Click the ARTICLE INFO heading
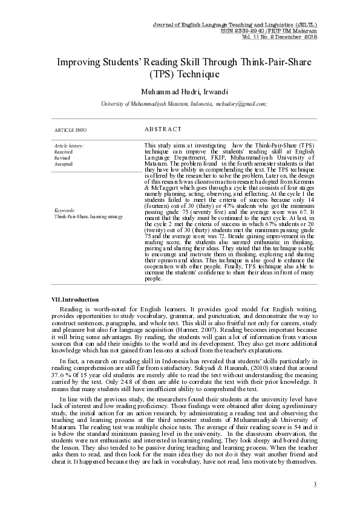click(70, 130)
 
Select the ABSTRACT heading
click(163, 129)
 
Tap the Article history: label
click(69, 146)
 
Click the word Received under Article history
click(63, 152)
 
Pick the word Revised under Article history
click(62, 158)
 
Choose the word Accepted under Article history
click(64, 164)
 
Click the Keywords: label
click(65, 210)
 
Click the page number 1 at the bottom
click(316, 484)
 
